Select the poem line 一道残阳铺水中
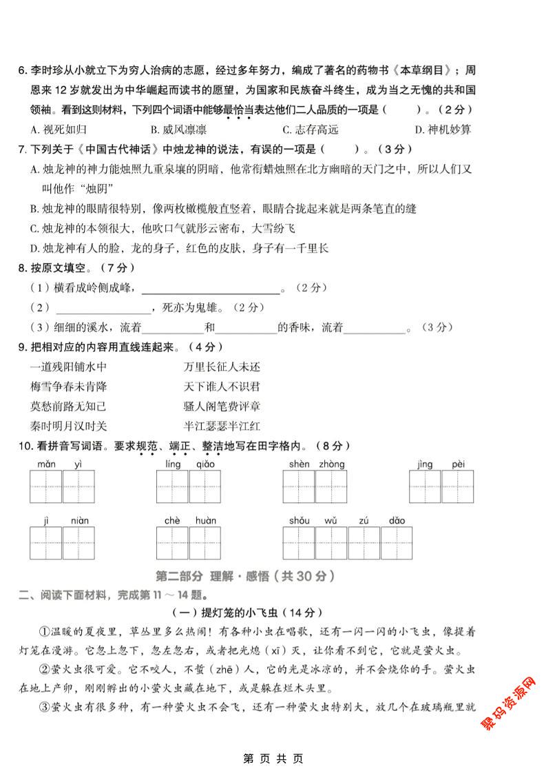(x=69, y=367)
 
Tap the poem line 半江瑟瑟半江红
(x=222, y=426)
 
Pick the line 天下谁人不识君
(x=222, y=387)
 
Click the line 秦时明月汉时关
(x=69, y=426)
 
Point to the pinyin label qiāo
(x=206, y=464)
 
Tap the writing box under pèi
(x=459, y=487)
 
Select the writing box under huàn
(x=206, y=544)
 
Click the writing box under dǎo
(x=397, y=544)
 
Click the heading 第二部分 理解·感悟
(x=246, y=576)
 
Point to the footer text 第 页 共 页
(x=273, y=759)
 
